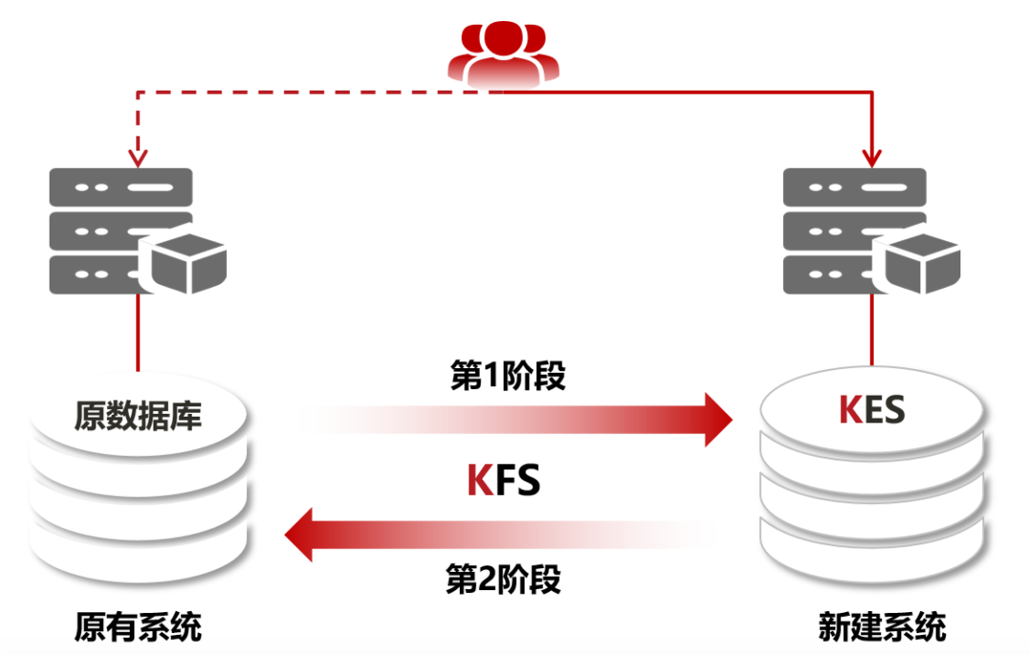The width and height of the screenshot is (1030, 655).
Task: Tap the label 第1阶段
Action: pos(507,376)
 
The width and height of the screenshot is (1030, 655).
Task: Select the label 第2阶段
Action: pos(504,579)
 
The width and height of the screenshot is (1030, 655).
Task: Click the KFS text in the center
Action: pos(504,481)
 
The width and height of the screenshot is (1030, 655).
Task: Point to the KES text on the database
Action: pos(871,410)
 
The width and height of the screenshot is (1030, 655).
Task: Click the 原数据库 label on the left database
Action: pos(138,416)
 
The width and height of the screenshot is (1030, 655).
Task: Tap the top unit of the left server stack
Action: pos(120,187)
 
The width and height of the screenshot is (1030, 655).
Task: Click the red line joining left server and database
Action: pos(139,334)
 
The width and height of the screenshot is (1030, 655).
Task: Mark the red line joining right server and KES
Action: pos(871,334)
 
